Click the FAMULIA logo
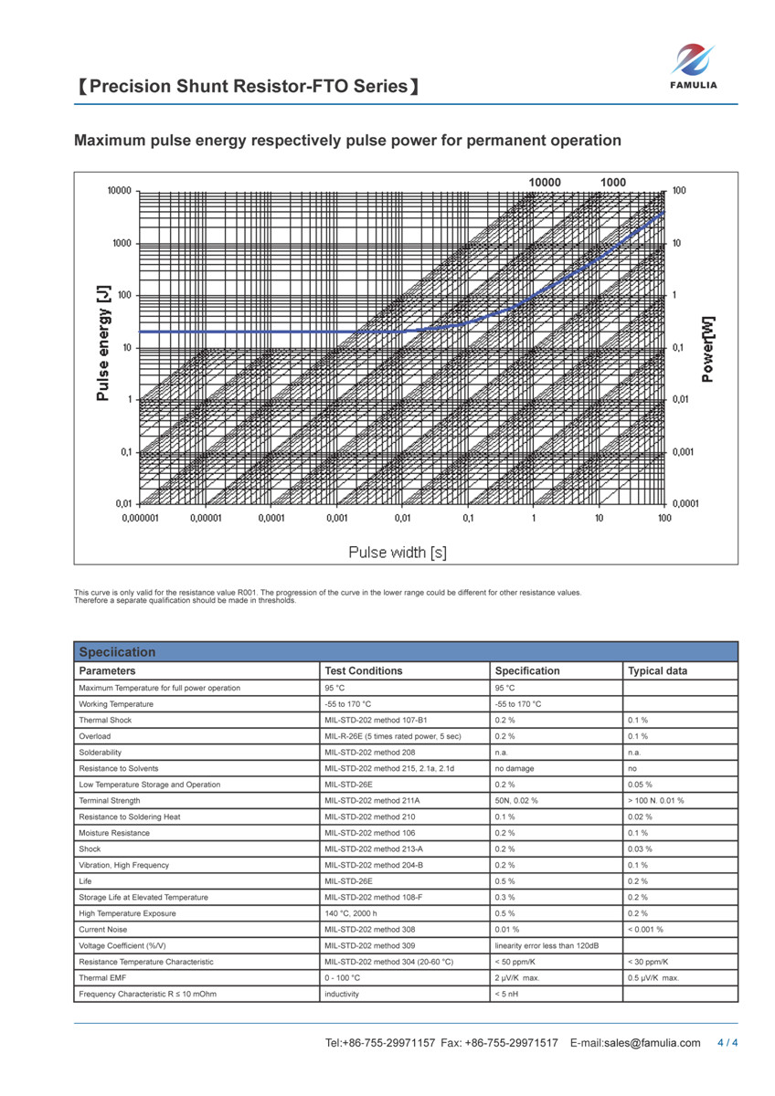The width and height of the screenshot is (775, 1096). click(x=695, y=67)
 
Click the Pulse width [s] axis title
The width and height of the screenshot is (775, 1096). click(x=398, y=552)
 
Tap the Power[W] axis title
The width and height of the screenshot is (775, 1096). click(x=707, y=348)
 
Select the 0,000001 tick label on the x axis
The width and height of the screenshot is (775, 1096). click(x=140, y=518)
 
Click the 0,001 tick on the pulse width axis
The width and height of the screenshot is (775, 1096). click(x=336, y=518)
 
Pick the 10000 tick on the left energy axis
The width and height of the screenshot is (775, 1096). click(x=120, y=192)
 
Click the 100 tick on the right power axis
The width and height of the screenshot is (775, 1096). click(x=679, y=191)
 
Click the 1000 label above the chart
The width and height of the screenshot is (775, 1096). click(x=613, y=182)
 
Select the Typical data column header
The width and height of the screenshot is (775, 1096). click(x=658, y=671)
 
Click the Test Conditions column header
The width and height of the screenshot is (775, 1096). click(x=364, y=671)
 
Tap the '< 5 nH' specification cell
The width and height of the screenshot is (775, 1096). click(x=506, y=994)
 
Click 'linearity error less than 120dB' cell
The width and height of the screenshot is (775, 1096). click(x=547, y=945)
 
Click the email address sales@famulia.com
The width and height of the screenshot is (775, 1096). click(x=653, y=1043)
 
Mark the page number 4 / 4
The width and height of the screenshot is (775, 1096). click(x=727, y=1043)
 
